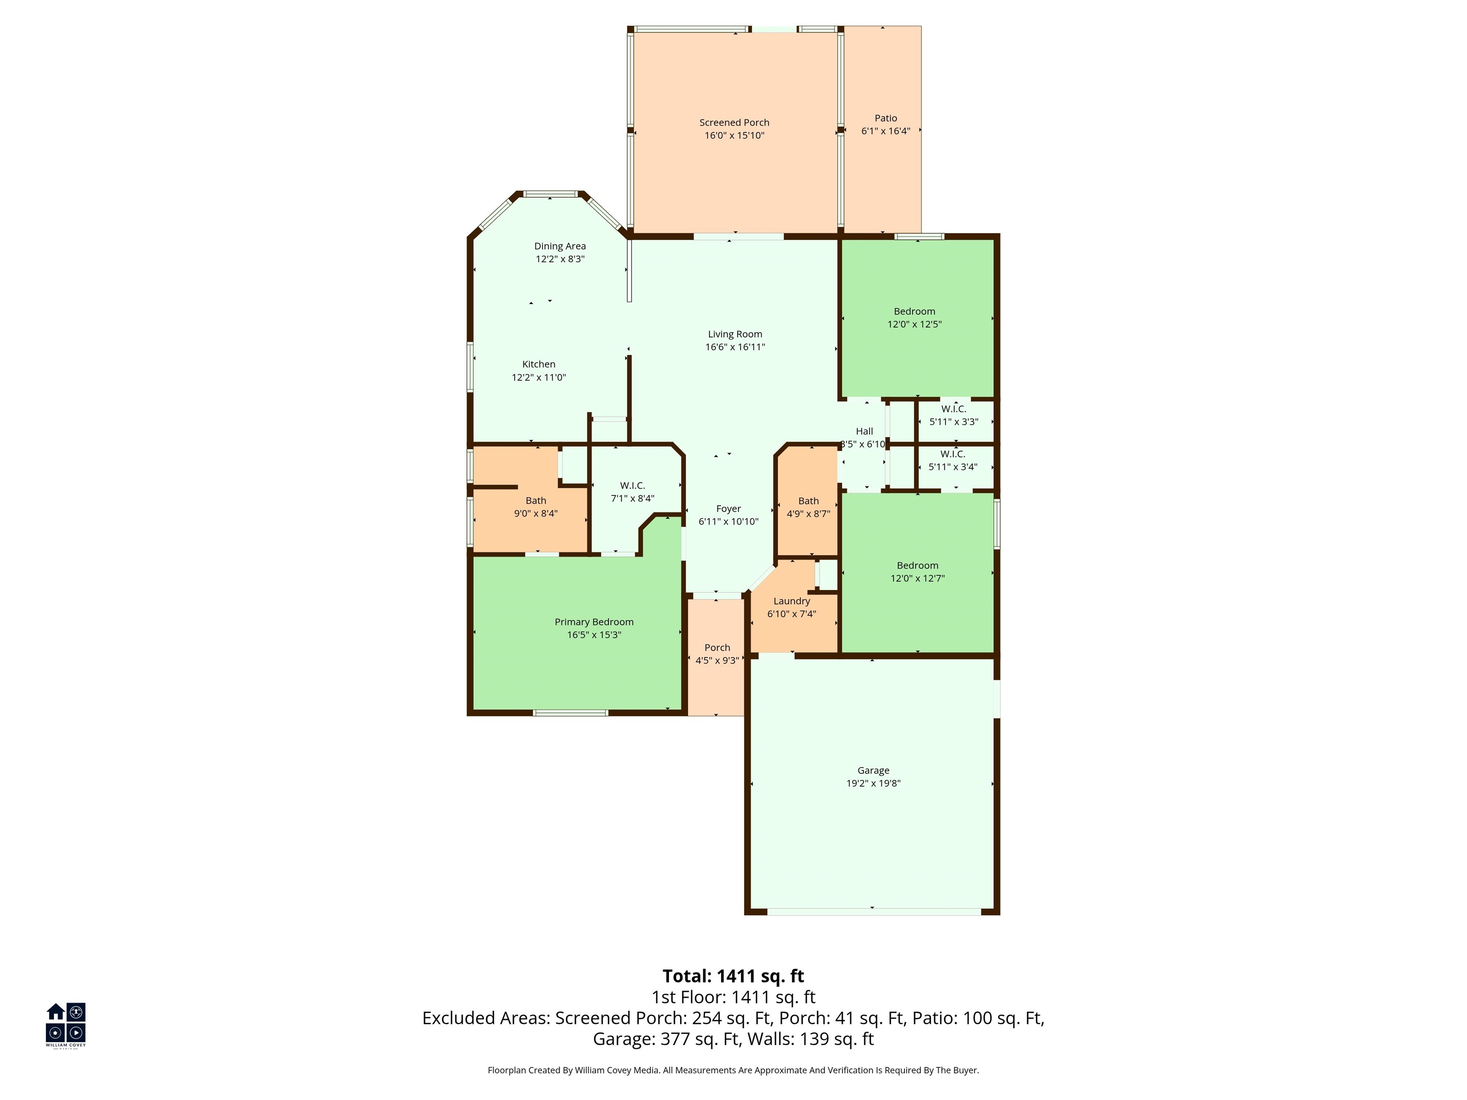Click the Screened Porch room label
point(734,123)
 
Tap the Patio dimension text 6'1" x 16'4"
point(885,131)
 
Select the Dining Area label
point(560,246)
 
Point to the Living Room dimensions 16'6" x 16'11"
point(735,347)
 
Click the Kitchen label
point(539,364)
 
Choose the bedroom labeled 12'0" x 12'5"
point(914,317)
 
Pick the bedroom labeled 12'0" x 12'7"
point(917,571)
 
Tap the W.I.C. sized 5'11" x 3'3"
point(954,415)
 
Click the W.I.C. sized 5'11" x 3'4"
point(952,460)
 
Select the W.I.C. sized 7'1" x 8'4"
point(632,492)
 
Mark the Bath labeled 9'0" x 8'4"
point(536,507)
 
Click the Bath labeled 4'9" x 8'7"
point(808,507)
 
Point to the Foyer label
point(728,508)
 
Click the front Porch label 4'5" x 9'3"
point(717,654)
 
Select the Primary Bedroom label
point(594,622)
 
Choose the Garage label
point(873,771)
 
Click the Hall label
point(864,431)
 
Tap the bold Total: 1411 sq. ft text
point(733,976)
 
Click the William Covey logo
point(65,1025)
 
